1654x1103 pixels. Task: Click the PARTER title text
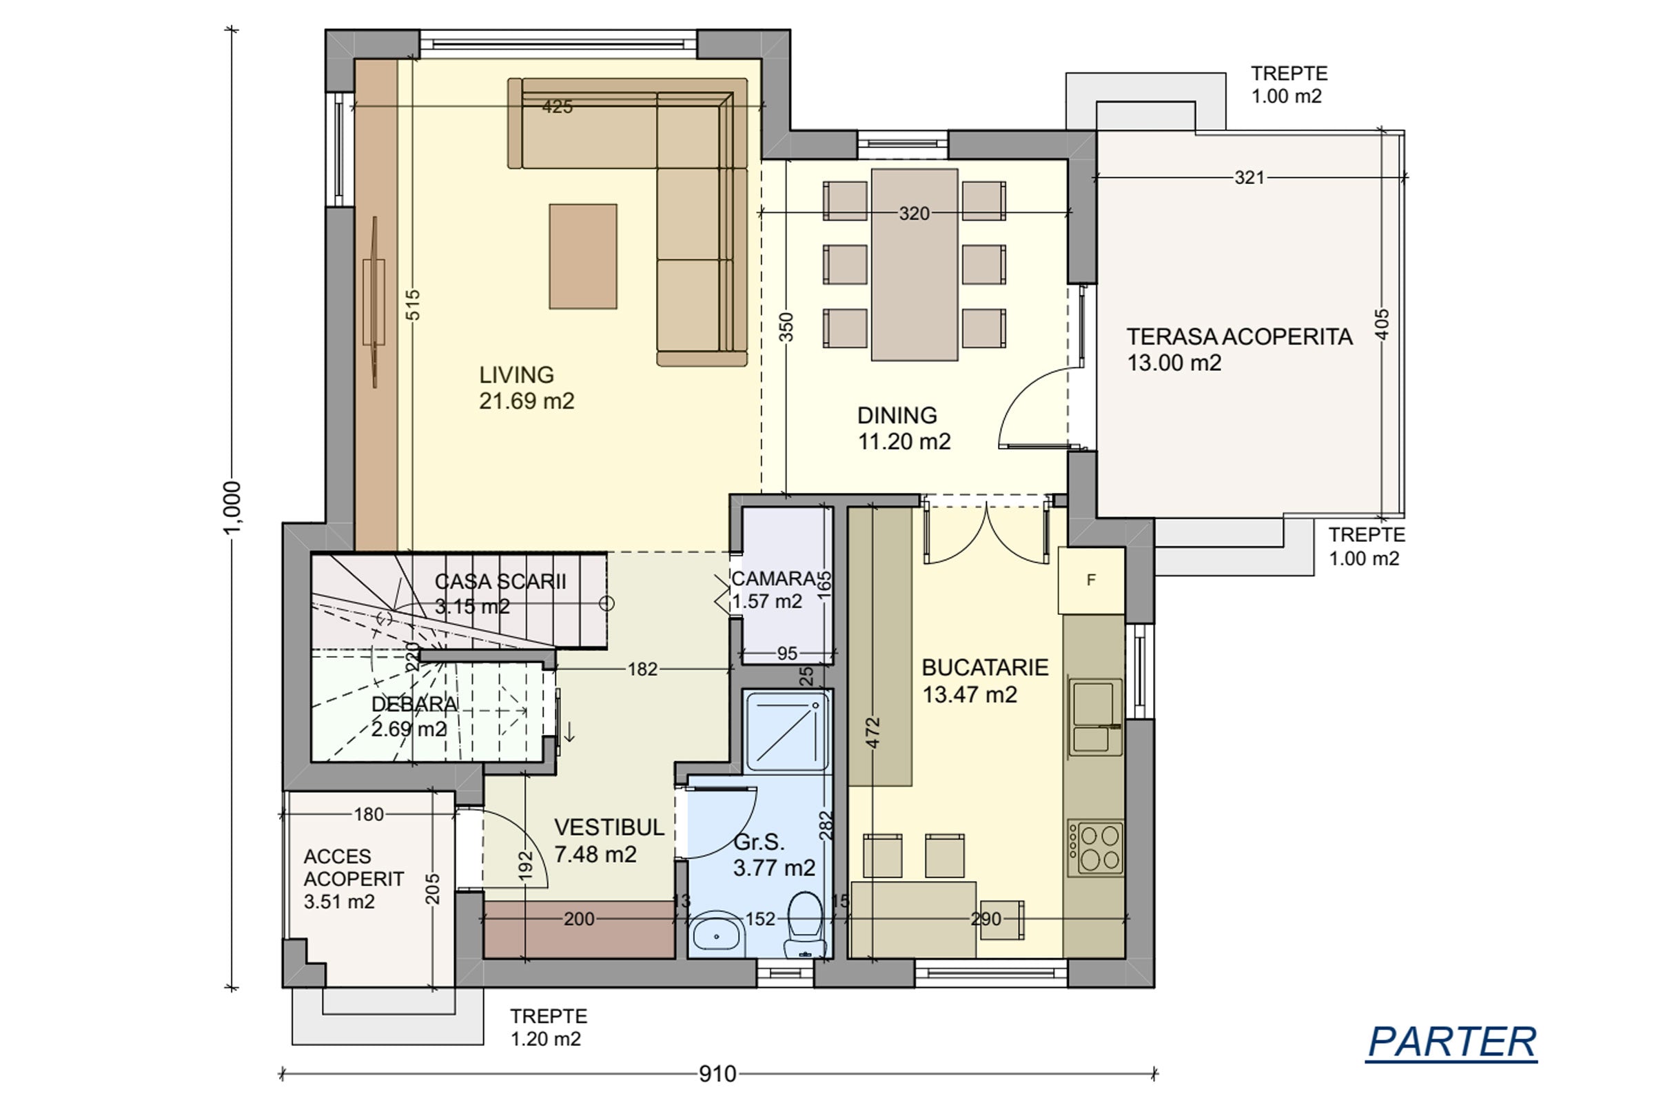coord(1452,1042)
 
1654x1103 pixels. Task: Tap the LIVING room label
coord(517,375)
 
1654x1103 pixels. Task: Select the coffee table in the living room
coord(583,256)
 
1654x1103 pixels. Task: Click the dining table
coord(915,265)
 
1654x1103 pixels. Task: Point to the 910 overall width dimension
coord(717,1074)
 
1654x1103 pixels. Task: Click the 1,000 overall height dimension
coord(232,508)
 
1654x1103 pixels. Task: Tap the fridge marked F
coord(1092,580)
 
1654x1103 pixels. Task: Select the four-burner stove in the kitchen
coord(1096,848)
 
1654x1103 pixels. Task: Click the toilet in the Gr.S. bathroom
coord(804,925)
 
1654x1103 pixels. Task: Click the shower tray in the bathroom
coord(788,731)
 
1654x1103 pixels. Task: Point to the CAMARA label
coord(773,579)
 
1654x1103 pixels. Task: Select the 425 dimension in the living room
coord(558,107)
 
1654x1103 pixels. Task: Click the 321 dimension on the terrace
coord(1249,178)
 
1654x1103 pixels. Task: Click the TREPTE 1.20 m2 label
coord(549,1027)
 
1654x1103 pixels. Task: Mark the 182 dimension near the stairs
coord(643,669)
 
